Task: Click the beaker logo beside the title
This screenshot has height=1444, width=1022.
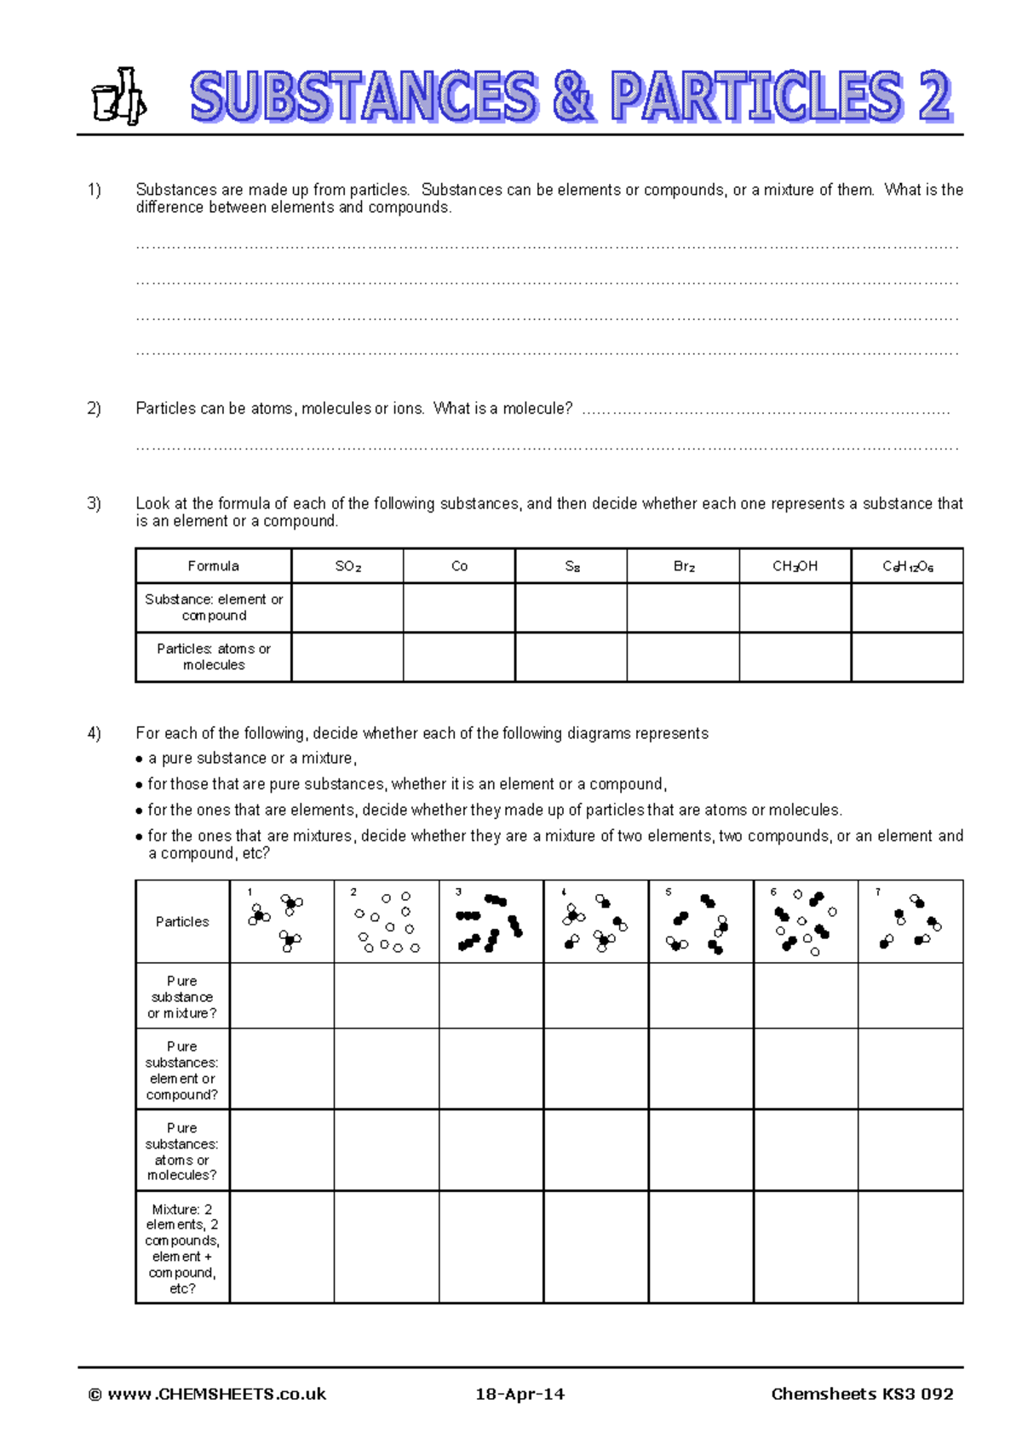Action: [x=118, y=96]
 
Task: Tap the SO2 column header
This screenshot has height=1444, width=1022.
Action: [x=347, y=566]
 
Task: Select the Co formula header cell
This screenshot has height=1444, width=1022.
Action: [x=459, y=566]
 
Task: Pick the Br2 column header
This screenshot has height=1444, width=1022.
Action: [x=683, y=566]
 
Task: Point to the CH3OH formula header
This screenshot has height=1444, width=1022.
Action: [x=795, y=566]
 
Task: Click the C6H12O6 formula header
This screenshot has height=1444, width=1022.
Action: [x=907, y=566]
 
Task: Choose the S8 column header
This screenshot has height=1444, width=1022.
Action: [x=571, y=566]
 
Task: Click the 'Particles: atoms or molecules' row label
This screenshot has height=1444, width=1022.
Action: [x=213, y=656]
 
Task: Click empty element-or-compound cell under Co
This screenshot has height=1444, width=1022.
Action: [x=459, y=607]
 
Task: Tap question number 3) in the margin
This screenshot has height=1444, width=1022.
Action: [x=94, y=503]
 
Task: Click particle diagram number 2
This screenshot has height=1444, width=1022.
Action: [x=387, y=922]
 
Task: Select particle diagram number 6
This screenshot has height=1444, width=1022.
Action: [x=805, y=922]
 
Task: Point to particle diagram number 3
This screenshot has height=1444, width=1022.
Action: [x=491, y=922]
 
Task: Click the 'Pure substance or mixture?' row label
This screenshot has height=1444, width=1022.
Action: [x=181, y=996]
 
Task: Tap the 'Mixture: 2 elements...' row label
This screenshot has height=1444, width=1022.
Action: [x=181, y=1247]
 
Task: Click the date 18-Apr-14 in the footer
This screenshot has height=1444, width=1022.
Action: [x=520, y=1394]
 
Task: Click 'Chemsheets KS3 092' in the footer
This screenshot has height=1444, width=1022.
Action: [x=862, y=1394]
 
